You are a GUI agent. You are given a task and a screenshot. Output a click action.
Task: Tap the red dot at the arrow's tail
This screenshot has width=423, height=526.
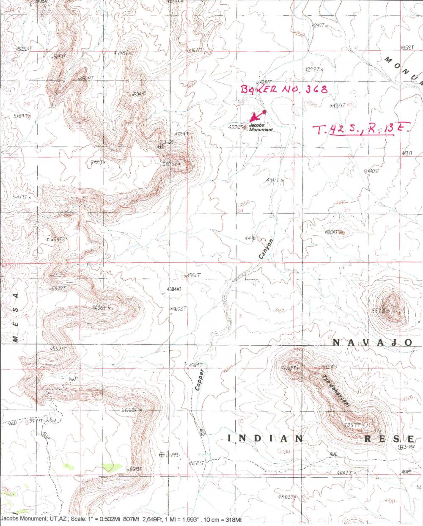264,112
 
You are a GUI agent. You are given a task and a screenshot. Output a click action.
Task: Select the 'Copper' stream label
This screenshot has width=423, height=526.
200,380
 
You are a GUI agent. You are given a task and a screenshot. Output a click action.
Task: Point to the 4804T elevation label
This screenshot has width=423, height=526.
332,232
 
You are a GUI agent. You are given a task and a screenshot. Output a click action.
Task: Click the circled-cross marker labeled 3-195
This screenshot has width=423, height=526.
161,455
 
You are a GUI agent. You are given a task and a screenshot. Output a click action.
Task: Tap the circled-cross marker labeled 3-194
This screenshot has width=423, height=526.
401,447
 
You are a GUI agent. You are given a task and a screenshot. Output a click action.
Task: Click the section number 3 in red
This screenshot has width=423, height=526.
240,316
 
